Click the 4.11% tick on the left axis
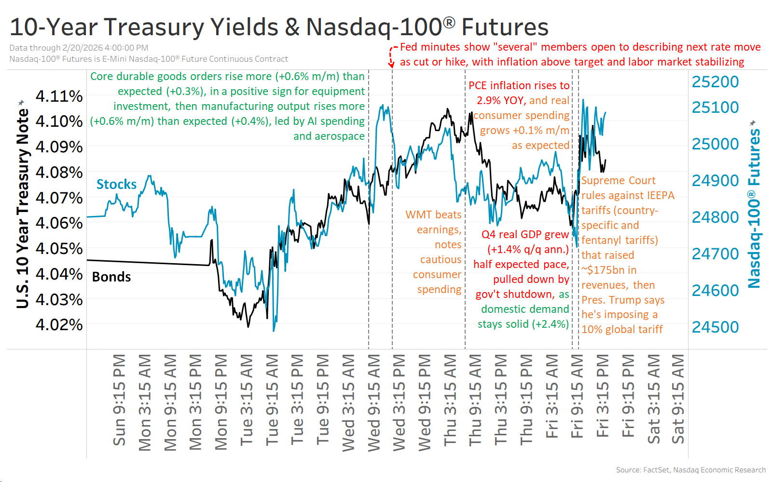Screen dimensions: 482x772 pyautogui.click(x=59, y=96)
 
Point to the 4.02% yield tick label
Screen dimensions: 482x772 pyautogui.click(x=59, y=324)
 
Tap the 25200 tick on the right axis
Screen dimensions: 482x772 pyautogui.click(x=715, y=82)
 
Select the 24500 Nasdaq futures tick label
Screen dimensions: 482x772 pyautogui.click(x=715, y=327)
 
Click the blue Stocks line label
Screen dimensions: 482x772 pyautogui.click(x=116, y=184)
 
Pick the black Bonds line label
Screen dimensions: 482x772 pyautogui.click(x=111, y=277)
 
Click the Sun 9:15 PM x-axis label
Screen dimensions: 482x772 pyautogui.click(x=119, y=400)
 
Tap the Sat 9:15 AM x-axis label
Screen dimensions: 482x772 pyautogui.click(x=678, y=400)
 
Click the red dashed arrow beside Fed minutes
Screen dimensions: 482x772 pyautogui.click(x=392, y=57)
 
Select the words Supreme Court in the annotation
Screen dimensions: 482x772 pyautogui.click(x=618, y=180)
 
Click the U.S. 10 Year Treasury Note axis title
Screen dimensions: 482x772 pyautogui.click(x=22, y=207)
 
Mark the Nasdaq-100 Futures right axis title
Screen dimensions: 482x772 pyautogui.click(x=754, y=207)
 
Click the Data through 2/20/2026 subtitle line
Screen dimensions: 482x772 pyautogui.click(x=79, y=48)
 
